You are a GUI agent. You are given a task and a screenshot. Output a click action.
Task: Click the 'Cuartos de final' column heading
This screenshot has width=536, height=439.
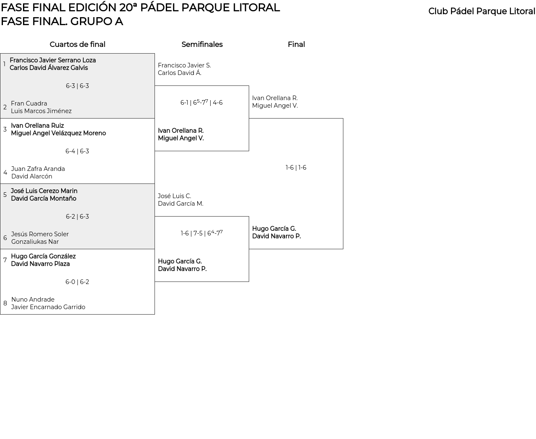click(77, 44)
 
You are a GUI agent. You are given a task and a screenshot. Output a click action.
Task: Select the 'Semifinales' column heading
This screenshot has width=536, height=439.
click(202, 44)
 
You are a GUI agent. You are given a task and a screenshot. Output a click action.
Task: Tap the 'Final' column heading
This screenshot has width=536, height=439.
click(296, 44)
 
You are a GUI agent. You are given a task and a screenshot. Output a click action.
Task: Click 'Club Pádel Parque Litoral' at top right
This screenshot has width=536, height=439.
click(482, 11)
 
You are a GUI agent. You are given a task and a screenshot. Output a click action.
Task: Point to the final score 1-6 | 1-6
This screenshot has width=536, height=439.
click(296, 168)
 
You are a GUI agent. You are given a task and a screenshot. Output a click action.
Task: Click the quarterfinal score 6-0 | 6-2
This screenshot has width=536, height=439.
click(77, 282)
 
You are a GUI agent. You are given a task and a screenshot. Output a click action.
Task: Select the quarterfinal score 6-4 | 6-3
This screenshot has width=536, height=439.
click(77, 151)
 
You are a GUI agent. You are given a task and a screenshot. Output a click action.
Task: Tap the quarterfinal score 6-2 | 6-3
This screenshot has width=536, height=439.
click(77, 217)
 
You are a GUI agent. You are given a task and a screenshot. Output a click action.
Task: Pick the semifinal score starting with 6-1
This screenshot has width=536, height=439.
click(201, 103)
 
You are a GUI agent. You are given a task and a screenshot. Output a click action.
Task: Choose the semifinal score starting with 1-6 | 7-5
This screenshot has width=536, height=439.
click(201, 233)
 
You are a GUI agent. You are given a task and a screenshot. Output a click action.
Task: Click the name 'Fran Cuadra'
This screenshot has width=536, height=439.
click(29, 103)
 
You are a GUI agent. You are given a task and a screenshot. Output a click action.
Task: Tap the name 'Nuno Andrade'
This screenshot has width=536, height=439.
click(33, 300)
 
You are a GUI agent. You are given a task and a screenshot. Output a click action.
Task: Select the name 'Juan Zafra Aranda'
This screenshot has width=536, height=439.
click(38, 169)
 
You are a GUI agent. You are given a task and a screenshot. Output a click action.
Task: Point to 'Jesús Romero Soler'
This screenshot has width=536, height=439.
click(40, 234)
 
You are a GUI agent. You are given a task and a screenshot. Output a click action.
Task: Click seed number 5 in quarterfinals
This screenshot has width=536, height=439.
click(5, 195)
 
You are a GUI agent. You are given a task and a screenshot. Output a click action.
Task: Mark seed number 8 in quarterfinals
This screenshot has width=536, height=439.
click(5, 303)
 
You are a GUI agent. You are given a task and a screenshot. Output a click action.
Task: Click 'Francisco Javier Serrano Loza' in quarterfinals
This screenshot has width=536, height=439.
click(53, 60)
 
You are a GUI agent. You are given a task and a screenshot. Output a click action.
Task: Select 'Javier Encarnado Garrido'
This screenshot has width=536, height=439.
click(48, 307)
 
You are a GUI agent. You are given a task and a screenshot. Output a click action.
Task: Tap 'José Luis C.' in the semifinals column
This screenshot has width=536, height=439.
click(174, 196)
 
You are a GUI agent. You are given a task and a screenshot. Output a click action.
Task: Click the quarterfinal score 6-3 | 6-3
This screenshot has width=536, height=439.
click(77, 86)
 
